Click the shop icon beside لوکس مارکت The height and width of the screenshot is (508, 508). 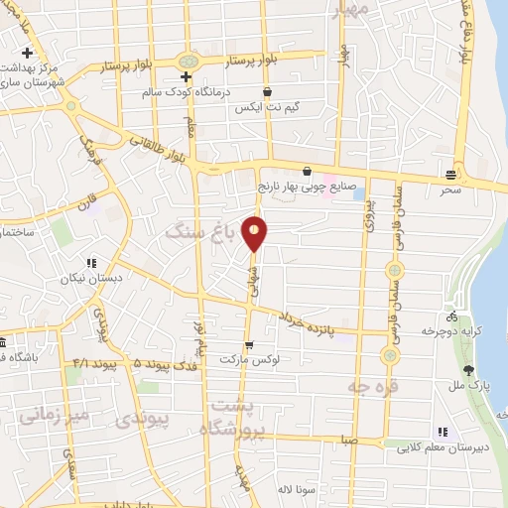pyautogui.click(x=248, y=344)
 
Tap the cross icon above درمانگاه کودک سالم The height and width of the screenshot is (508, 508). pyautogui.click(x=185, y=76)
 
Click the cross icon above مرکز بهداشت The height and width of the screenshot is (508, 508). pyautogui.click(x=28, y=52)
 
